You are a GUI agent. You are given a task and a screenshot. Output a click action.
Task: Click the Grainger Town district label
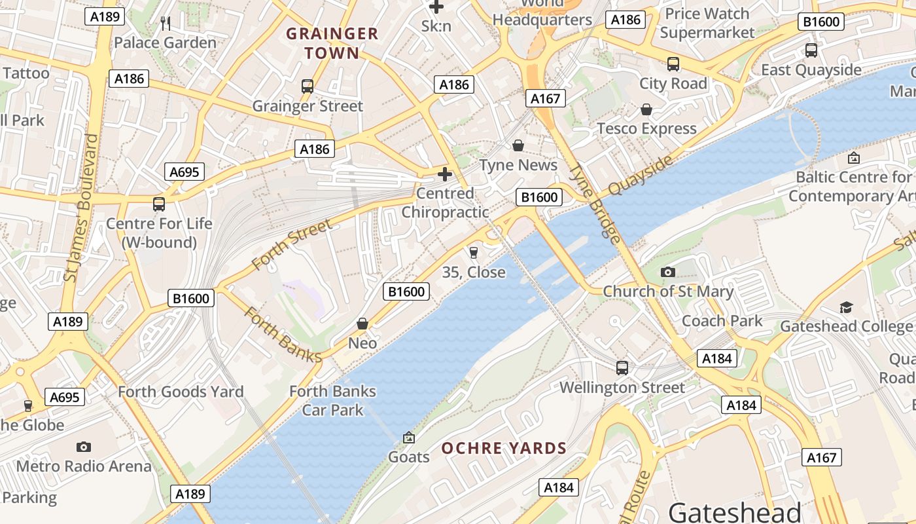click(x=332, y=43)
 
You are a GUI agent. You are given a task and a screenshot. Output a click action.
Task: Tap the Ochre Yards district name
click(x=504, y=449)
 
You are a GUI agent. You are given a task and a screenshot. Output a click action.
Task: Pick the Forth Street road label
click(x=292, y=245)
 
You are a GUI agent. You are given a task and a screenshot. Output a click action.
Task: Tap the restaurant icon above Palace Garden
click(x=166, y=24)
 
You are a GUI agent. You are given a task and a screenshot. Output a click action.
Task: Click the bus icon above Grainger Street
click(x=307, y=86)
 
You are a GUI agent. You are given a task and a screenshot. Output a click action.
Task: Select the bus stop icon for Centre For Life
click(x=159, y=204)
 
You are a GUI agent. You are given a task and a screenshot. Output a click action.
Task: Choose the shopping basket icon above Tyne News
click(x=518, y=145)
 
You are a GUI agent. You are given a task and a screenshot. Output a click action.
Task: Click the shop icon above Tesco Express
click(x=646, y=109)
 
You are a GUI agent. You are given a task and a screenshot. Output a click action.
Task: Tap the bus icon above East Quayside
click(x=811, y=50)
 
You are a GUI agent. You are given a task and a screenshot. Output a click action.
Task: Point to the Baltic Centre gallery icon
click(x=853, y=158)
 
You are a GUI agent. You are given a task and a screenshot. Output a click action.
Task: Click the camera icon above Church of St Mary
click(x=667, y=272)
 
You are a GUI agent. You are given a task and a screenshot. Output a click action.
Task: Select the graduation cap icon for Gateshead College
click(x=846, y=307)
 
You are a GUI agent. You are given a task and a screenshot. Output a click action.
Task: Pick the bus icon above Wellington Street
click(x=622, y=368)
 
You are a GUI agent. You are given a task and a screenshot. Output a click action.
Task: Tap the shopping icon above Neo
click(x=362, y=324)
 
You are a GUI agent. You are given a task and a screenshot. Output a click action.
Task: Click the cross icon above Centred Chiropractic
click(x=445, y=174)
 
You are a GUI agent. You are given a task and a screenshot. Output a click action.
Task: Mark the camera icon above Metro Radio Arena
click(x=83, y=447)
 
